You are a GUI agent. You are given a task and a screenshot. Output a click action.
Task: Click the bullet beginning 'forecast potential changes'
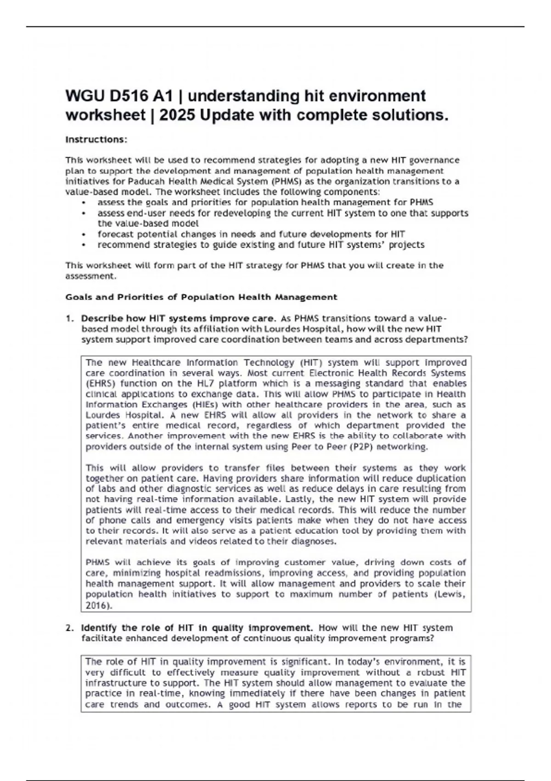251,234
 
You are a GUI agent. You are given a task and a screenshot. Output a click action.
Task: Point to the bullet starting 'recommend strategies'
260,244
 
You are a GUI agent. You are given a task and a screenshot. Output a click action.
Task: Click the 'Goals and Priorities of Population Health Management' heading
201,297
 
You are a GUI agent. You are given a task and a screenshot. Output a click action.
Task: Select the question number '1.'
69,318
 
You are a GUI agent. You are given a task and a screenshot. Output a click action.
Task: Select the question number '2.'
69,628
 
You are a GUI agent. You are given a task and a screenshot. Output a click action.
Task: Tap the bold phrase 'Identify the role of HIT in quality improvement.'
197,628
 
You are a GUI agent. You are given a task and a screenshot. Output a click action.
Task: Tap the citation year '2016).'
99,605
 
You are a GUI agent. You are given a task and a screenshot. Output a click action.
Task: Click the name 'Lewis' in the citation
450,594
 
